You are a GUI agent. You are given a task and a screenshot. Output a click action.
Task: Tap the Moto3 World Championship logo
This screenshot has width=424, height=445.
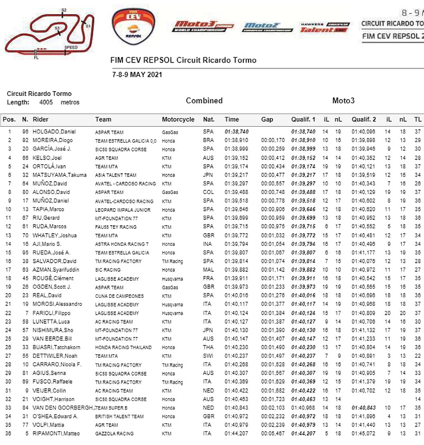202,26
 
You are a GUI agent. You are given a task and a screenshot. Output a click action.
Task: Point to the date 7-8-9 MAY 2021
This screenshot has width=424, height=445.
137,74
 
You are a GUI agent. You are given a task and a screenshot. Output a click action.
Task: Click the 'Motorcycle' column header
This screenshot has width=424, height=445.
178,119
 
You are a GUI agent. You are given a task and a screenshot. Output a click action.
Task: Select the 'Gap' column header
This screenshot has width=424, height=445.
267,119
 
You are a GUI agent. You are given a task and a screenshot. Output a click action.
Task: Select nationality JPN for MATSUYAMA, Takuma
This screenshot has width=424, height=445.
208,175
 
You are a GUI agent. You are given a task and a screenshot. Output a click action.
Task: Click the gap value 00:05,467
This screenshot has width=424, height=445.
272,434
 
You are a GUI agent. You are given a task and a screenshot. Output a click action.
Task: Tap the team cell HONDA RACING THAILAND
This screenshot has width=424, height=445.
122,348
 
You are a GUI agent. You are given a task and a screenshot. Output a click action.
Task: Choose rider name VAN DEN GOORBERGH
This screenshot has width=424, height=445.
63,408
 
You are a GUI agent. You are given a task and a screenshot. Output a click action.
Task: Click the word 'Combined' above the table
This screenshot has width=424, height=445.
204,101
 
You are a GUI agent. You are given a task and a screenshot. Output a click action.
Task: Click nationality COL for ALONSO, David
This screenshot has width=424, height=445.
208,192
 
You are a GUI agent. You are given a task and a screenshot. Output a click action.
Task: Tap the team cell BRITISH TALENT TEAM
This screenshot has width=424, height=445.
119,416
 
